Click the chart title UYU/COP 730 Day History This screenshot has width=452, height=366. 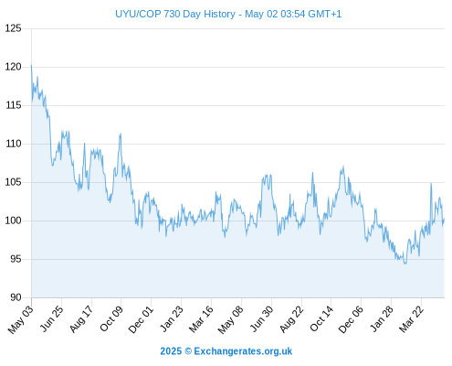175,14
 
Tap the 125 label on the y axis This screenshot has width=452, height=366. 14,28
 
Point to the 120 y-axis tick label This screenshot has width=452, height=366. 14,67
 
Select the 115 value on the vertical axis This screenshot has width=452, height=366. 14,105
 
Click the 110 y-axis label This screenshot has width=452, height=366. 14,144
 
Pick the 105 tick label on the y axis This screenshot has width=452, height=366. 14,182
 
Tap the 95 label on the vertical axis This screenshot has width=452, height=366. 16,259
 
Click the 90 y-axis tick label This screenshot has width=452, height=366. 16,297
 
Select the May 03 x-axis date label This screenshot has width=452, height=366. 21,319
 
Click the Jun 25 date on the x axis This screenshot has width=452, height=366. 52,318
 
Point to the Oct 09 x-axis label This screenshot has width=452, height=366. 111,318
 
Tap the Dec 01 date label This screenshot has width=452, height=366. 141,319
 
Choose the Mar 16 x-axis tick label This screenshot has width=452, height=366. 201,318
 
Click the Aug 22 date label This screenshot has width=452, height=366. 291,319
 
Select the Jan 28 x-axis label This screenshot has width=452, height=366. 382,318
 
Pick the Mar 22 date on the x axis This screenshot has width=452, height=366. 412,318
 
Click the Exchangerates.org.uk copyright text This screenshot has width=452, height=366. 226,351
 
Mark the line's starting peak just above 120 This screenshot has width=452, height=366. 31,66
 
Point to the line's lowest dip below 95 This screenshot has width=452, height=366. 405,264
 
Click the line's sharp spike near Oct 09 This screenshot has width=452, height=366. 121,134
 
